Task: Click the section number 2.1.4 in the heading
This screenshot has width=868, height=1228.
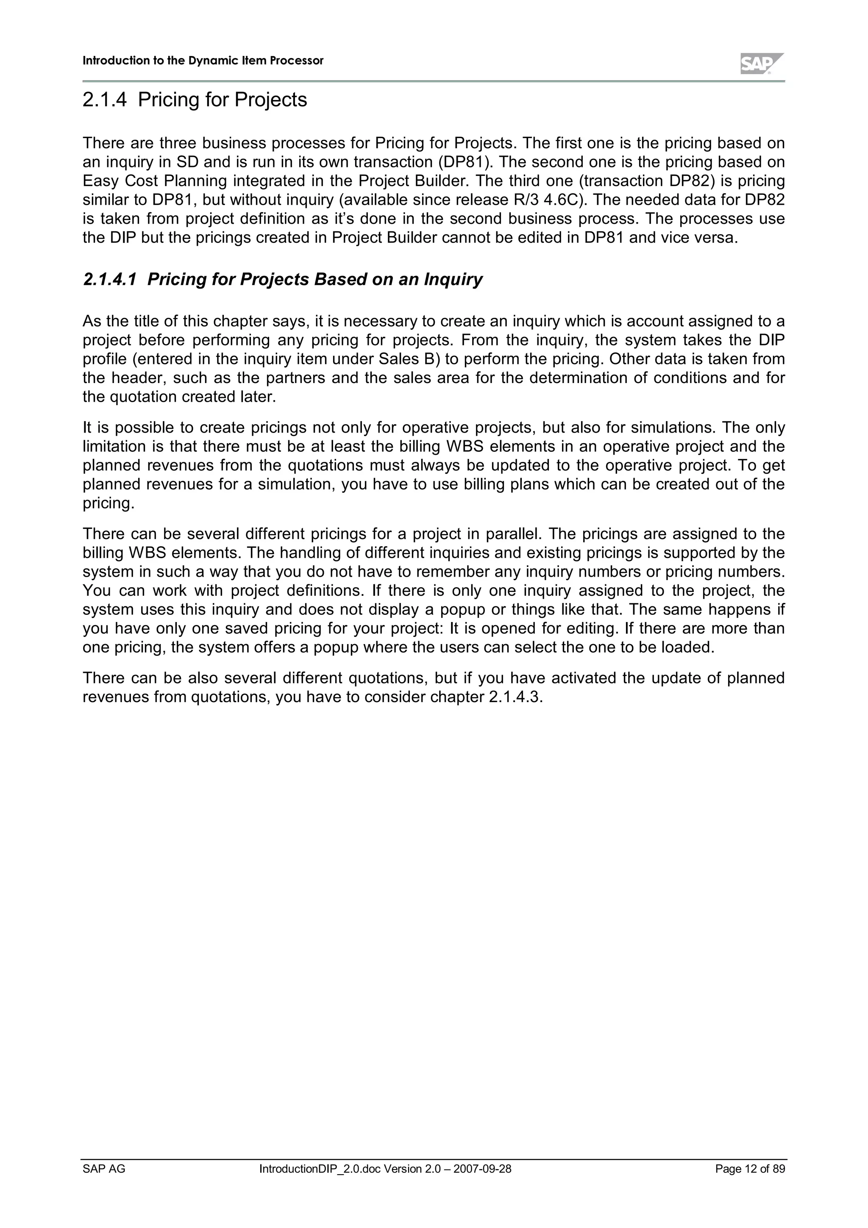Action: [x=105, y=100]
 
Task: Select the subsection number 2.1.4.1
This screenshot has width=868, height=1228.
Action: [x=110, y=279]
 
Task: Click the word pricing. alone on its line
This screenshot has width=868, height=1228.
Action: [x=108, y=503]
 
